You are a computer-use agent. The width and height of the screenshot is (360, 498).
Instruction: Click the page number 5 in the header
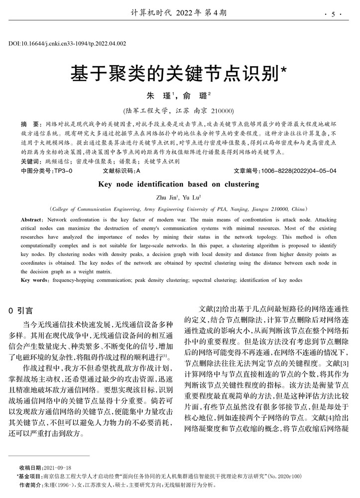333,14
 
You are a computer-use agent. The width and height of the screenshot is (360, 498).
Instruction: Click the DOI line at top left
67,44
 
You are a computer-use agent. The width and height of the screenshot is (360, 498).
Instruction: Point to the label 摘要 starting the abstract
30,123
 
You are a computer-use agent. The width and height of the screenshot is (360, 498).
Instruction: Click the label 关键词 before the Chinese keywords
31,161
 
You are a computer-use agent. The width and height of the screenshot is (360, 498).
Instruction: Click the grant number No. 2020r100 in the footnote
285,476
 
